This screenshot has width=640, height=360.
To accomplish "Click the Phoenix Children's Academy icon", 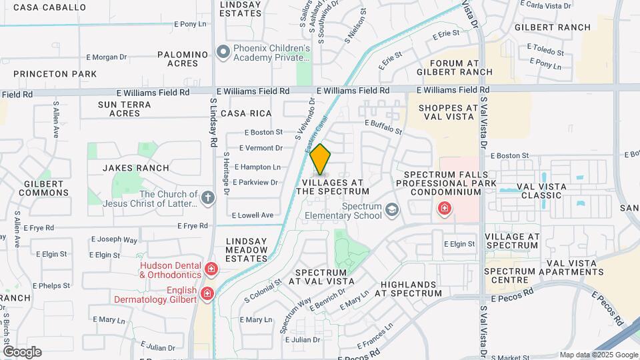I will pyautogui.click(x=223, y=51).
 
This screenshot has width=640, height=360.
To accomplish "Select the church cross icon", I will pyautogui.click(x=208, y=197).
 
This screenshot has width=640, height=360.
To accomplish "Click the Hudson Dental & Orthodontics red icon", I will pyautogui.click(x=211, y=269).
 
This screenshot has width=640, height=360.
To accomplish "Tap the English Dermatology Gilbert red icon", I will pyautogui.click(x=207, y=293).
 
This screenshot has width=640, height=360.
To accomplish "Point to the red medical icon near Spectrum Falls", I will pyautogui.click(x=443, y=209).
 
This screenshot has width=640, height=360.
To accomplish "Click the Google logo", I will pyautogui.click(x=22, y=351).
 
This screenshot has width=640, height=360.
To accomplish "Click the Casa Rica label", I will pyautogui.click(x=248, y=114).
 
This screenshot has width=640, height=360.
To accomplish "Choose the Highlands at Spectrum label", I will pyautogui.click(x=411, y=289).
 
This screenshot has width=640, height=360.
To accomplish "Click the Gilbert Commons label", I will pyautogui.click(x=44, y=187).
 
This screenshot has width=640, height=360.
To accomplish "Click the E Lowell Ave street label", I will pyautogui.click(x=253, y=215).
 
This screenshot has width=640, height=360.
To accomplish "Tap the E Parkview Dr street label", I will pyautogui.click(x=255, y=182).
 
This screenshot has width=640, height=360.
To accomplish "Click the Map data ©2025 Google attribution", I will pyautogui.click(x=598, y=355).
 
